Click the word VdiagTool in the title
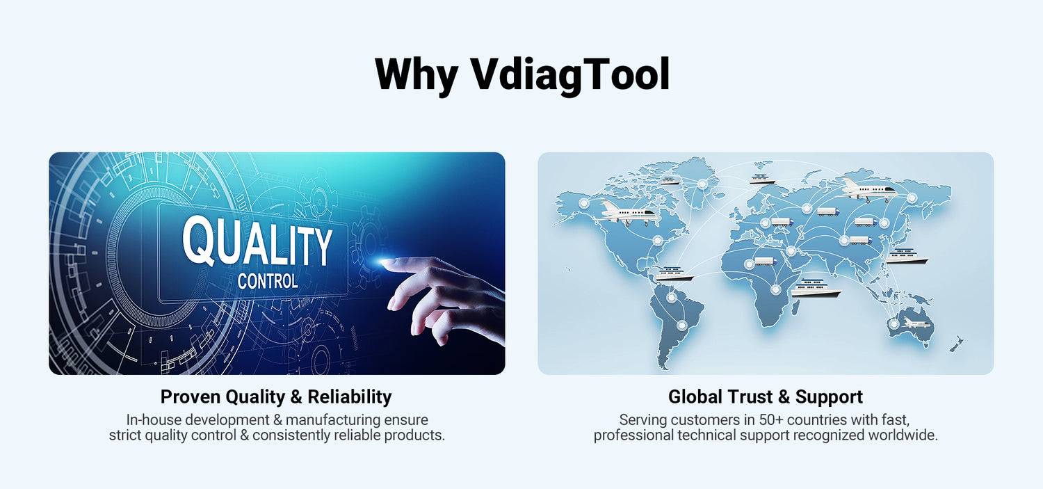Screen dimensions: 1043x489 point(570,74)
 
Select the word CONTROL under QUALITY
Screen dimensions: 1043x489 point(268,281)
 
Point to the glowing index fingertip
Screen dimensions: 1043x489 point(385,263)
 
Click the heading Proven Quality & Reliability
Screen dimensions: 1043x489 point(276,396)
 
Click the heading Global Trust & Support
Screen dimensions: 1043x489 point(766,396)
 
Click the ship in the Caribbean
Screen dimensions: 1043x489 point(674,274)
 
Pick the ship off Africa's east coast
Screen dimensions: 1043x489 point(816,288)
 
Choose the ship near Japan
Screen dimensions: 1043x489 point(906,257)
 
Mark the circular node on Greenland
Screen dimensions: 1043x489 point(702,184)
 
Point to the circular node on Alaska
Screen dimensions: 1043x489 point(583,204)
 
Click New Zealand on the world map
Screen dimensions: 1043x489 point(956,344)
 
